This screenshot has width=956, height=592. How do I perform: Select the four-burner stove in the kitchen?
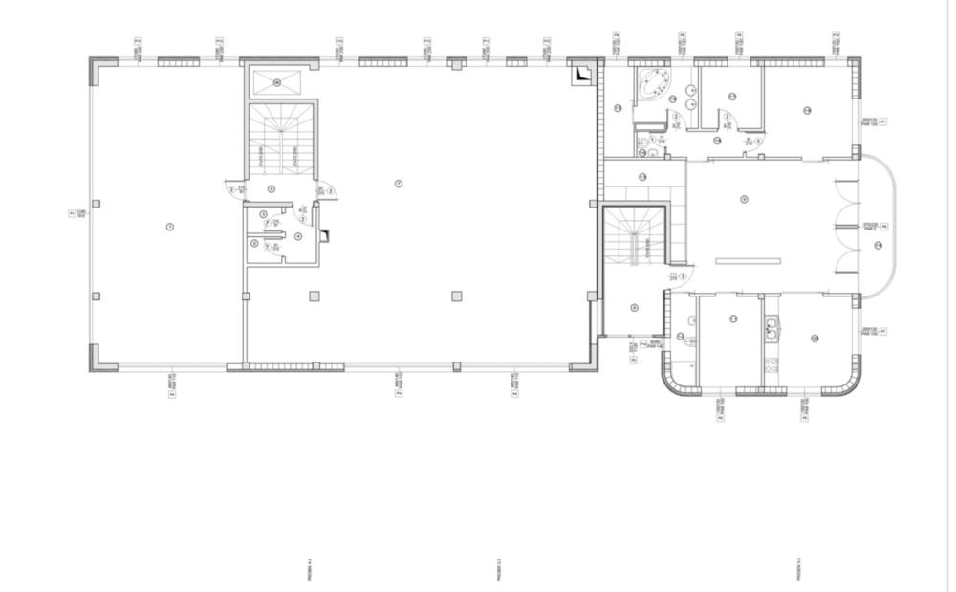point(771,363)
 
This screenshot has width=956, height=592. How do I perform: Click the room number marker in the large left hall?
point(169,227)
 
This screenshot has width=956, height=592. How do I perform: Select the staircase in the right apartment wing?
point(633,238)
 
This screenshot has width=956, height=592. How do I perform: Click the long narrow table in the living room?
point(748,260)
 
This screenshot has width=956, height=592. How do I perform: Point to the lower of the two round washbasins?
point(690,103)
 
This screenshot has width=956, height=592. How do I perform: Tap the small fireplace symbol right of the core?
point(324,234)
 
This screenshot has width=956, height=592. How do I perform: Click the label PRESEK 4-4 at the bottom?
point(310,571)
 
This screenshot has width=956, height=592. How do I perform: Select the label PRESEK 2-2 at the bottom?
point(499,571)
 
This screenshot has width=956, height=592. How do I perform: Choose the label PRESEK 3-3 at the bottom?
point(797,571)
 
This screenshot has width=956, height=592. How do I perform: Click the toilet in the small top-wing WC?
point(653,151)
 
